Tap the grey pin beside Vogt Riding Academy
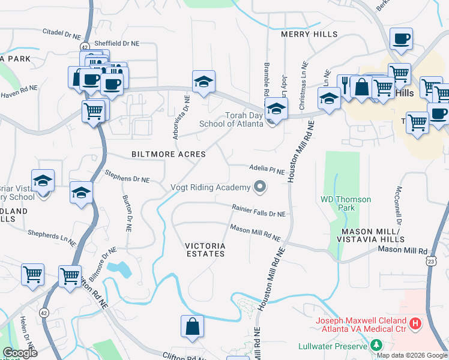[x=260, y=188]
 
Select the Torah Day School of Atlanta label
[x=244, y=119]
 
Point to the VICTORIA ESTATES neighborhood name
[x=205, y=250]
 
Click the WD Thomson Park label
[x=346, y=203]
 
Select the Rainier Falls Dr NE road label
[x=259, y=211]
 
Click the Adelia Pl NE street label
[x=267, y=170]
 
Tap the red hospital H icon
[x=415, y=325]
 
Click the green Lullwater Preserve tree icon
[x=376, y=345]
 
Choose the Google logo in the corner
[x=20, y=353]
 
